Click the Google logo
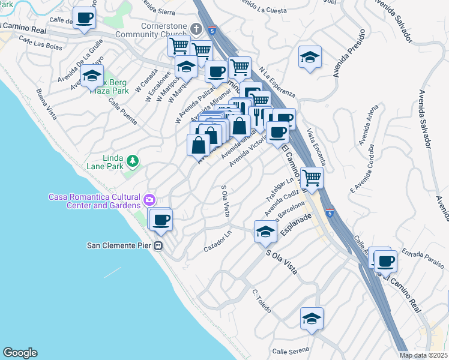click(x=19, y=353)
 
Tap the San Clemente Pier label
click(x=120, y=245)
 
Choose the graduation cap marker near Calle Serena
click(x=312, y=319)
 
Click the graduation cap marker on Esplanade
click(x=265, y=232)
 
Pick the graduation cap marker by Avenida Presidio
click(x=310, y=57)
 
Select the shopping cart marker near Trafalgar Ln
click(x=312, y=177)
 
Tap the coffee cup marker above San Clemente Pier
click(x=160, y=220)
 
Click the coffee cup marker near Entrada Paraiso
click(x=385, y=260)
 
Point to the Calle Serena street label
click(x=291, y=350)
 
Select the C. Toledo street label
click(x=262, y=302)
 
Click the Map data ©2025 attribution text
click(x=423, y=355)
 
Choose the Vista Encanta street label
click(x=316, y=147)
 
